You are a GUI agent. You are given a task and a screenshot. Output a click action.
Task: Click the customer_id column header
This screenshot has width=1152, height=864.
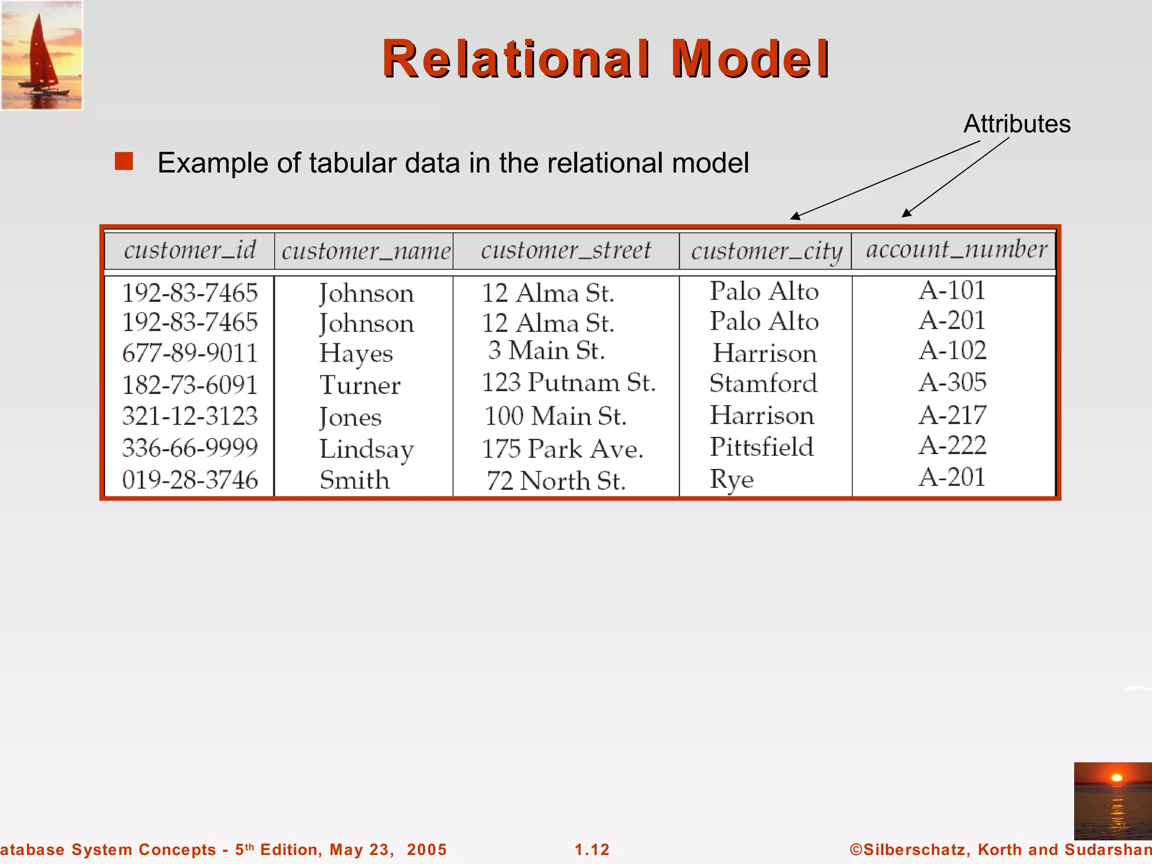tap(190, 250)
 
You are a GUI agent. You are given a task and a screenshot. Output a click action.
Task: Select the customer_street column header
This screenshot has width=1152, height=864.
tap(566, 250)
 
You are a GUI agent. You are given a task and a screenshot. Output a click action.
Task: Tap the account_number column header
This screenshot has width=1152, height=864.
tap(956, 249)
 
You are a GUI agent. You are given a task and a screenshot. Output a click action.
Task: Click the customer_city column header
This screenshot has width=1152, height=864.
tap(766, 251)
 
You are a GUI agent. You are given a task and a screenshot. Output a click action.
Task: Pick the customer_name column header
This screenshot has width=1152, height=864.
tap(366, 251)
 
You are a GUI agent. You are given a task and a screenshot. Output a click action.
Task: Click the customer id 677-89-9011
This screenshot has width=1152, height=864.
tap(190, 353)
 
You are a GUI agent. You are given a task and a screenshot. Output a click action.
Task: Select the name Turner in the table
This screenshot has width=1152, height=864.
tap(360, 385)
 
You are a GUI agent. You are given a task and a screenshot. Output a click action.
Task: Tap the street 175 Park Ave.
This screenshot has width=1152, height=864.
tap(562, 449)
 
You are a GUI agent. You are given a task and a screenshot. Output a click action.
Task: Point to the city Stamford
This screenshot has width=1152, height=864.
tap(763, 384)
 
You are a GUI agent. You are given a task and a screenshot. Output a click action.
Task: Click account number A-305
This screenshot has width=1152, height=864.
tap(952, 382)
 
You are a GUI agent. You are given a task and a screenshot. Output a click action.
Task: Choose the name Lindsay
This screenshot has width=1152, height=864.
tap(367, 449)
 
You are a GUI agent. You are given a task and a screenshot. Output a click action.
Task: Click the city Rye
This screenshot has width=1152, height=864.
tap(731, 480)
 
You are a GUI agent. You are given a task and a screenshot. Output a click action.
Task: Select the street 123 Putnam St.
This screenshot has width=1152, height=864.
tap(569, 382)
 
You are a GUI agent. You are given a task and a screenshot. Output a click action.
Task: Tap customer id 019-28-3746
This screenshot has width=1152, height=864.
tap(190, 480)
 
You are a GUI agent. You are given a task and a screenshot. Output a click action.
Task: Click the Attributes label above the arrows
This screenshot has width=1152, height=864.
tap(1017, 124)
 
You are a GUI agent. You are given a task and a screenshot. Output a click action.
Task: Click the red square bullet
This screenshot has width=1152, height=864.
tap(124, 161)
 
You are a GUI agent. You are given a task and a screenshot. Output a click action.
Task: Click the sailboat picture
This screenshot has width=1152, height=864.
tap(42, 55)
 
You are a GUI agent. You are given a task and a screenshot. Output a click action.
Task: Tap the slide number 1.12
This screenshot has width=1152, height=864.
tap(592, 849)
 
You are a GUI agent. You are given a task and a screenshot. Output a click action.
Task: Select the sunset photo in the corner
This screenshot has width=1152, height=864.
tap(1113, 801)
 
